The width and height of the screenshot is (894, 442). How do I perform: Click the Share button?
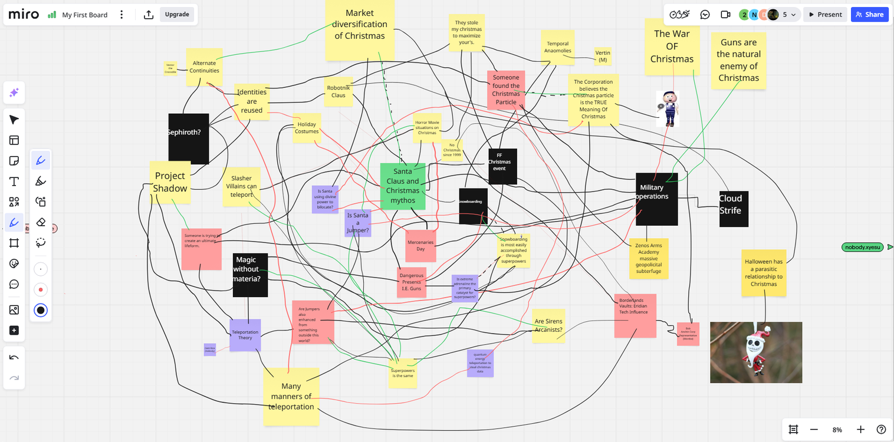coord(869,15)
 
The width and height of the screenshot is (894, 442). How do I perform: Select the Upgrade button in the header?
coord(177,15)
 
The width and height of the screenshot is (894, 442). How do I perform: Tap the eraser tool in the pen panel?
coord(41,222)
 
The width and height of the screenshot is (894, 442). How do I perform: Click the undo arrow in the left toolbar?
coord(14,357)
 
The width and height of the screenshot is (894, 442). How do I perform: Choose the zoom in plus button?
coord(860,430)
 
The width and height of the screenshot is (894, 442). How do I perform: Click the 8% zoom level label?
coord(837,430)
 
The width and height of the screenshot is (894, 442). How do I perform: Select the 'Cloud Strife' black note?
coord(734,209)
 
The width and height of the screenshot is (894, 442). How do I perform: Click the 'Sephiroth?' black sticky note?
coord(189,138)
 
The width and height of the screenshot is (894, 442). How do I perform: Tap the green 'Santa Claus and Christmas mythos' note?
coord(403,186)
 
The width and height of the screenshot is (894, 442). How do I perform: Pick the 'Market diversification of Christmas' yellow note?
coord(360,29)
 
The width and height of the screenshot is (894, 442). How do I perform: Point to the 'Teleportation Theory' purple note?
coord(245,335)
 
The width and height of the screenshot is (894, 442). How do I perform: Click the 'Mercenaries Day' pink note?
coord(420,246)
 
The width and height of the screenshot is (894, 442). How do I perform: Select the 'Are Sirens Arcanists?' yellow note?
coord(548,325)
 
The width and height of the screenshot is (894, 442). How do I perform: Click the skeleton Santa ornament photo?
coord(756,352)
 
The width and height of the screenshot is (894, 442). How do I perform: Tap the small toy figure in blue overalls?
coord(668,109)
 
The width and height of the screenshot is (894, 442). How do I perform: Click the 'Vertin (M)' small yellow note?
coord(603,57)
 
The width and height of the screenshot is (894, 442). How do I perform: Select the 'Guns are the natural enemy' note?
coord(738,60)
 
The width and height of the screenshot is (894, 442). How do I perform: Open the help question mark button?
coord(881,430)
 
